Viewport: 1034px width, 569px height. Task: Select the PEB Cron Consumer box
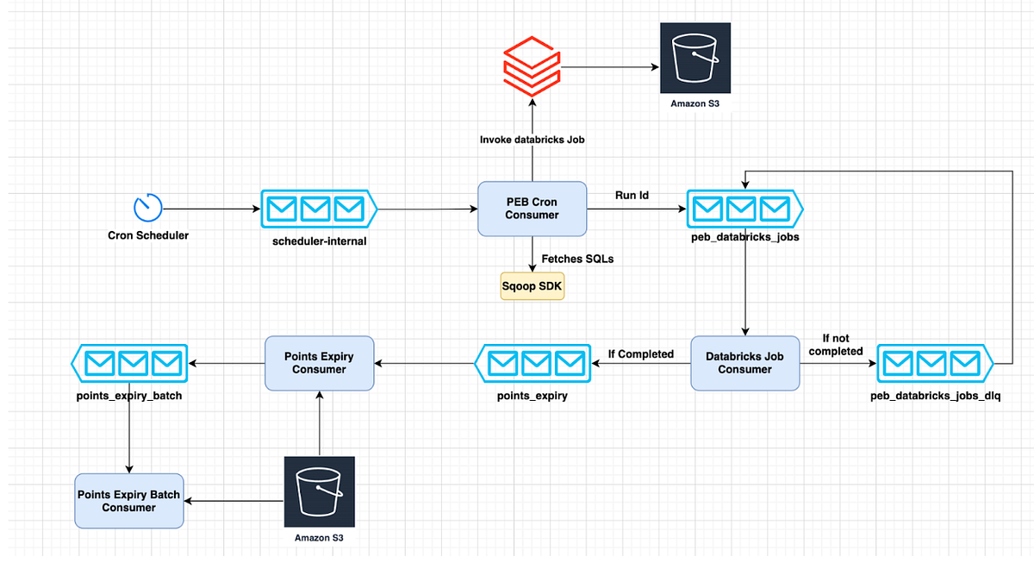532,209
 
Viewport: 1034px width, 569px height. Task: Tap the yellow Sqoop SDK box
533,286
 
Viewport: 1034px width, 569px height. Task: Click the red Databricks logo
532,66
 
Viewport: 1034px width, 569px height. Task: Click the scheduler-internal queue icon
319,209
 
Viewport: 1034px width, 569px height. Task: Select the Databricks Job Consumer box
744,363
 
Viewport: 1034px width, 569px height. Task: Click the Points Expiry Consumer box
319,363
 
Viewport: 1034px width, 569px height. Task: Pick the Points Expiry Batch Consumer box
129,501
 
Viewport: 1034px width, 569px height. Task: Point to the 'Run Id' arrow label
632,196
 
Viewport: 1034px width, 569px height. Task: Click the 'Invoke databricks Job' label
533,140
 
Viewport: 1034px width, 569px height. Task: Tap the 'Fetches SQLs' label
577,259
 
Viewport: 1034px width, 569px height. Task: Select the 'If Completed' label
640,354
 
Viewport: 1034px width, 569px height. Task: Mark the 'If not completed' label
836,345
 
